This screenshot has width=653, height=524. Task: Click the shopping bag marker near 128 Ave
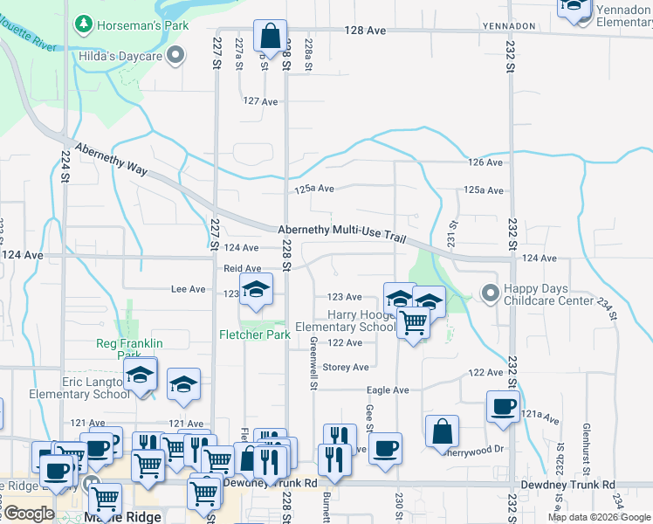[x=271, y=37]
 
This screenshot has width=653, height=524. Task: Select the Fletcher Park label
[x=254, y=334]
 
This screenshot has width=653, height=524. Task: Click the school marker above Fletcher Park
[x=256, y=290]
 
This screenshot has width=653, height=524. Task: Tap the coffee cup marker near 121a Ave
[x=503, y=407]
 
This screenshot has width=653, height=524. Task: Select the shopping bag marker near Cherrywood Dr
[x=443, y=431]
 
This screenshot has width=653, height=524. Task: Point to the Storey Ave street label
[x=346, y=368]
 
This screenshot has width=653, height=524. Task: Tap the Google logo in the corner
[x=28, y=514]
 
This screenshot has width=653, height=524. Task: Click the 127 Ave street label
[x=260, y=101]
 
